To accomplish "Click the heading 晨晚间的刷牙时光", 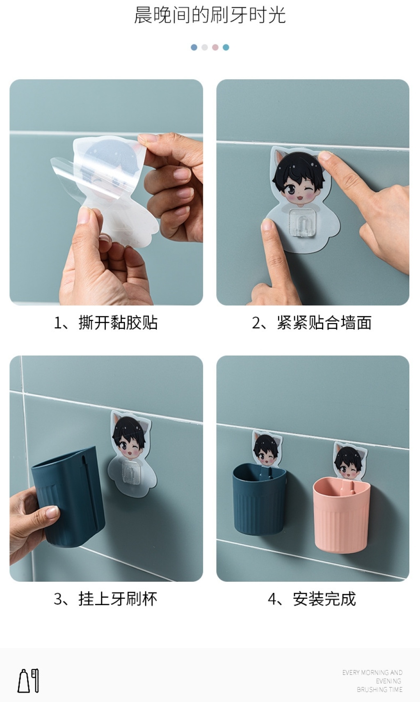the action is [210, 15].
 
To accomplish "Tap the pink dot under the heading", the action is [215, 47].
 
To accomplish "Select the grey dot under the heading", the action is [205, 47].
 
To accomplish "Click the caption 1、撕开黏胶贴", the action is [105, 323].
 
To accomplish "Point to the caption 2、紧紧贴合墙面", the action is [312, 323].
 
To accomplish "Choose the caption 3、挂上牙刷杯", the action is [105, 599].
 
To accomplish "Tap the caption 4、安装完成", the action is [312, 599].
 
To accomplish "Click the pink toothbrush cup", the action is [341, 514].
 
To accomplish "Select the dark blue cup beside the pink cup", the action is [259, 500].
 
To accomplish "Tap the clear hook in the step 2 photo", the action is [303, 222].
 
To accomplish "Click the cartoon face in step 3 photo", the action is [129, 438].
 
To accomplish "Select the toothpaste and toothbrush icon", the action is [28, 680].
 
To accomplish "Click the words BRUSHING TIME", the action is [379, 689].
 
